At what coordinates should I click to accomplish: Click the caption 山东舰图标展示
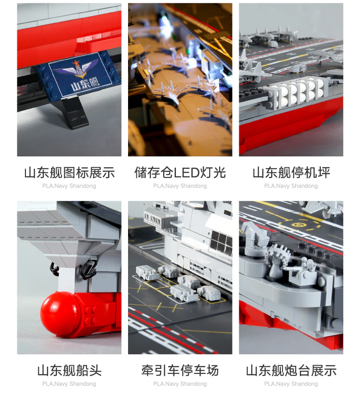(69, 173)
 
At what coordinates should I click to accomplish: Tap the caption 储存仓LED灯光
(180, 173)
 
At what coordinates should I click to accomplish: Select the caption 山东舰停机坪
(291, 173)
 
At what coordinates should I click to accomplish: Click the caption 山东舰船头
(69, 370)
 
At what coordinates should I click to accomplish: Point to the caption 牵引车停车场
(180, 370)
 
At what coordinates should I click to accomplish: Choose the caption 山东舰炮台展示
(291, 370)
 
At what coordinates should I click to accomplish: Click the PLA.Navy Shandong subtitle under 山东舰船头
(69, 384)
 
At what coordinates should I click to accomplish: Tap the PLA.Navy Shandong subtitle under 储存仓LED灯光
(180, 186)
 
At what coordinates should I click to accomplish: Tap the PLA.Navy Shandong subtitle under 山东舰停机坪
(291, 186)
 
